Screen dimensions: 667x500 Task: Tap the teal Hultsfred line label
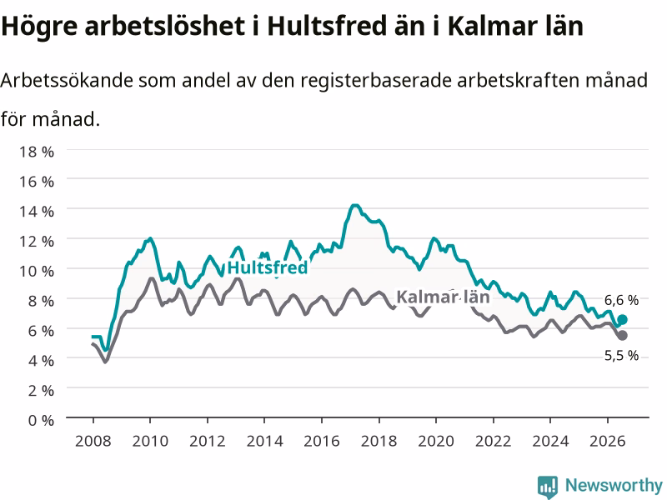(x=267, y=267)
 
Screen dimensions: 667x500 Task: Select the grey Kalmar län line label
(x=443, y=297)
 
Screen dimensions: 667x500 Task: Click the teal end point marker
(x=622, y=320)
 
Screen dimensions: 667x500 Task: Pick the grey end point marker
(x=622, y=336)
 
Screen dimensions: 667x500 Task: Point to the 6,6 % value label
(x=621, y=300)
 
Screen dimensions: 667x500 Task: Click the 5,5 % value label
(x=621, y=355)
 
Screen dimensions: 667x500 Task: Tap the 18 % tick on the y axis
(x=37, y=152)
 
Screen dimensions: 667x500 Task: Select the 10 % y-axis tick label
(x=37, y=271)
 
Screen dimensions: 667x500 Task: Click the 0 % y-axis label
(x=41, y=420)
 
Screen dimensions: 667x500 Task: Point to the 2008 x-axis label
(x=93, y=441)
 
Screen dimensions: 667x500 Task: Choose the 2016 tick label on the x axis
(x=322, y=441)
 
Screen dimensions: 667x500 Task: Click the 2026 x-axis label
(x=608, y=441)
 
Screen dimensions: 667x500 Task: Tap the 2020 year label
(x=436, y=441)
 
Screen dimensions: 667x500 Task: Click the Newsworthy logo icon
(x=548, y=487)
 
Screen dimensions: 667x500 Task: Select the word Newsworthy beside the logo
(x=614, y=485)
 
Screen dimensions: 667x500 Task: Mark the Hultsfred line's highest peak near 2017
(x=355, y=206)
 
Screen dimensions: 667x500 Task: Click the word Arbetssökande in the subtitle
(x=67, y=80)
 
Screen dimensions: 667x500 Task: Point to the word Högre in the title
(x=39, y=27)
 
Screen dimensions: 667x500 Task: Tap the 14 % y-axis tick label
(x=37, y=211)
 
